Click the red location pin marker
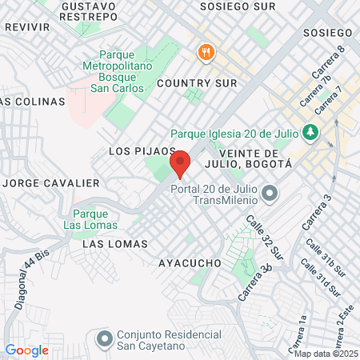pyautogui.click(x=181, y=163)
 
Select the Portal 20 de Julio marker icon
pyautogui.click(x=270, y=193)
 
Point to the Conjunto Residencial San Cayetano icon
pyautogui.click(x=104, y=339)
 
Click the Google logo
pyautogui.click(x=26, y=350)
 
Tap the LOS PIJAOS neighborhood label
pyautogui.click(x=142, y=150)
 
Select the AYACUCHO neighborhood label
pyautogui.click(x=190, y=262)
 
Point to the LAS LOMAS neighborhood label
pyautogui.click(x=115, y=243)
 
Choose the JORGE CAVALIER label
pyautogui.click(x=52, y=183)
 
